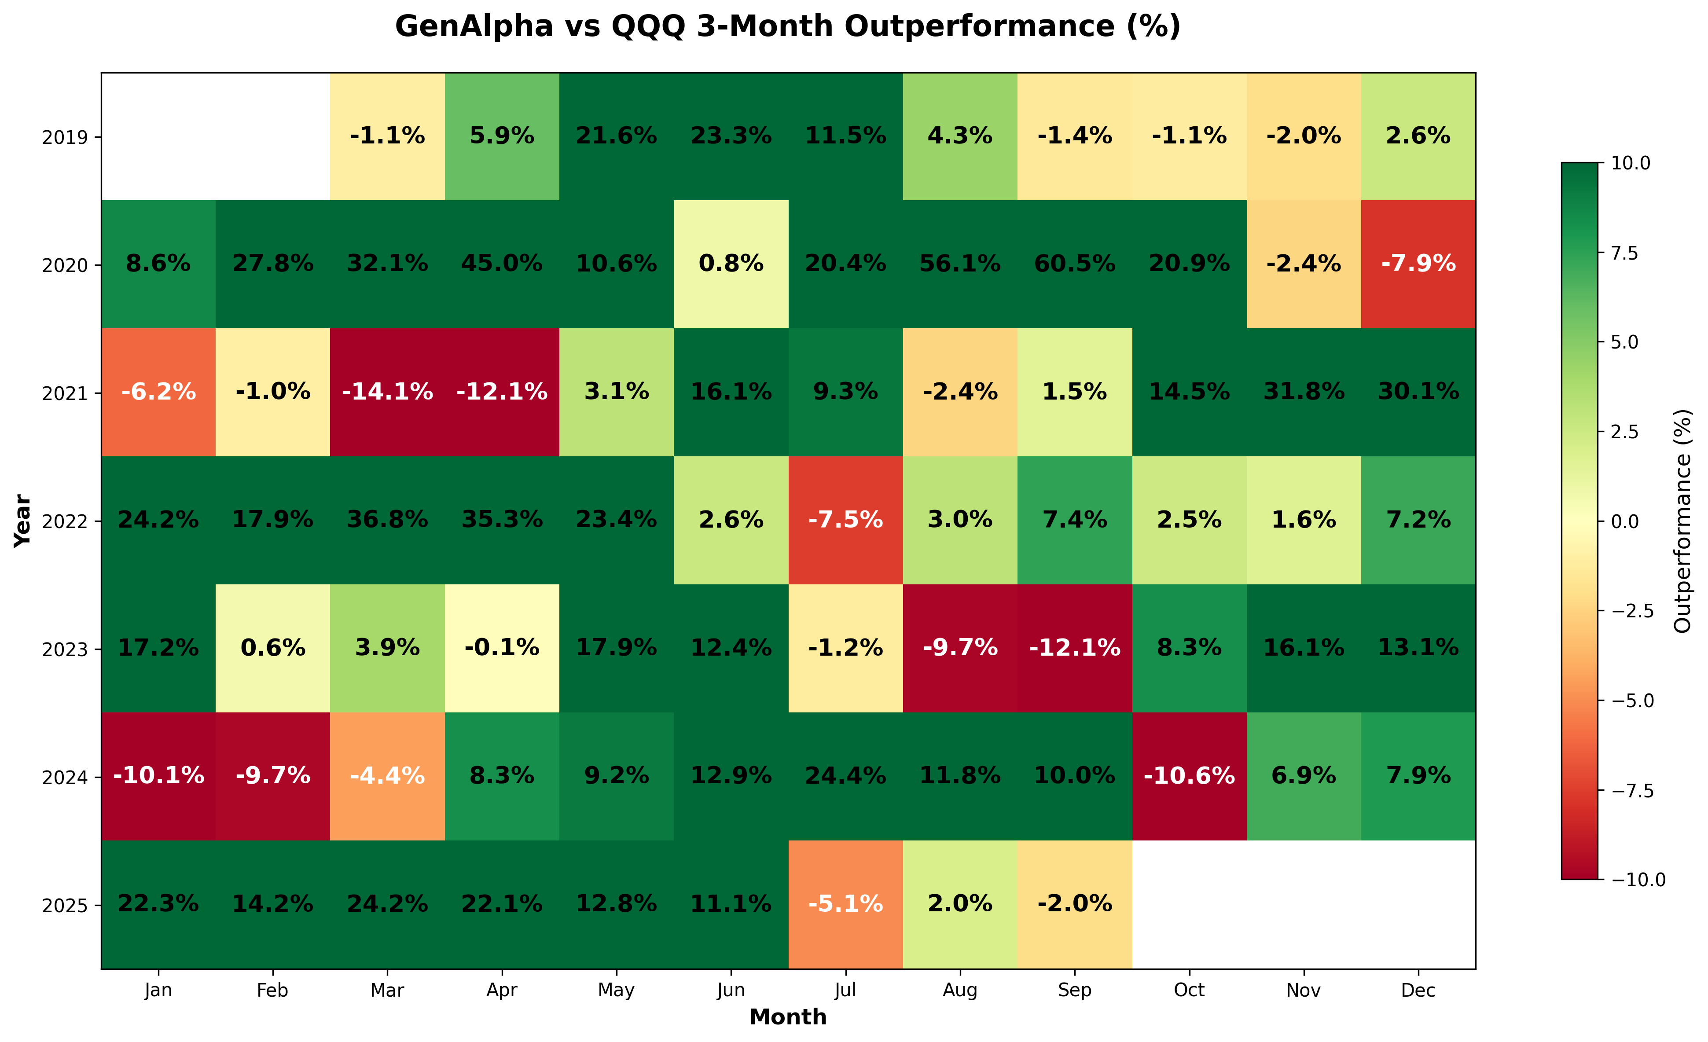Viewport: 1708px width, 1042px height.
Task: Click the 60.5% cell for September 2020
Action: click(x=1074, y=264)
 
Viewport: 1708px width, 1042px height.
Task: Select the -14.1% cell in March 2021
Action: click(x=387, y=393)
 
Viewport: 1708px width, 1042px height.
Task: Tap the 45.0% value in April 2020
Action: click(x=502, y=264)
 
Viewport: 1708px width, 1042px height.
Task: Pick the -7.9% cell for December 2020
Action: click(x=1418, y=264)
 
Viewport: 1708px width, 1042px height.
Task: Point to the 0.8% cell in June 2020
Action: click(x=731, y=264)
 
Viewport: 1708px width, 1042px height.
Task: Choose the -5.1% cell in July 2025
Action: click(x=846, y=904)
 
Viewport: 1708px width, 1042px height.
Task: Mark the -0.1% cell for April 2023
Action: click(x=502, y=648)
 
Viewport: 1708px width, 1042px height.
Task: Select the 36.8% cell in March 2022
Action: click(x=387, y=520)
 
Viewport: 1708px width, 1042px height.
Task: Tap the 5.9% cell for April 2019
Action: click(x=502, y=136)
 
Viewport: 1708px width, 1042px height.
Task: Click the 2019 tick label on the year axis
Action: click(x=65, y=137)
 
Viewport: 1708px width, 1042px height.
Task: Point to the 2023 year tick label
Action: click(x=65, y=649)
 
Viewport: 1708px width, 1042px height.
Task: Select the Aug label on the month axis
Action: click(x=960, y=991)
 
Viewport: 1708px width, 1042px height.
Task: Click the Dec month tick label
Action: click(x=1418, y=991)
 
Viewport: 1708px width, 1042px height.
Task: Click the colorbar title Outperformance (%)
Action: click(x=1683, y=521)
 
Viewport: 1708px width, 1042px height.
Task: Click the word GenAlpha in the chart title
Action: click(x=474, y=26)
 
